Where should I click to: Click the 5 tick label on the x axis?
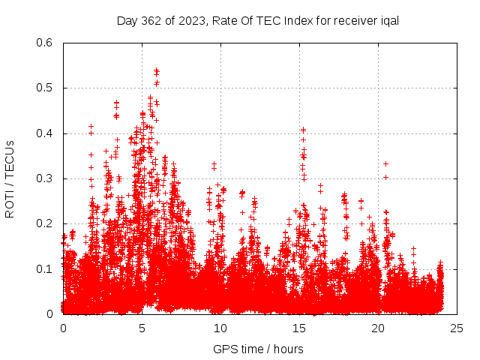coord(142,328)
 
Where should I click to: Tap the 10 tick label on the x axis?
coord(220,328)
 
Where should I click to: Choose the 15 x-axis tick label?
coord(299,328)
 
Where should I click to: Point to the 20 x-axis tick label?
coord(378,328)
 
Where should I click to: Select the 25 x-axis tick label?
coord(457,328)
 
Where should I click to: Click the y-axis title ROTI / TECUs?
coord(10,178)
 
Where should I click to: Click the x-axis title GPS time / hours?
coord(258,349)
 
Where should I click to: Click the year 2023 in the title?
coord(192,20)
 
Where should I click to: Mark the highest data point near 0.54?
coord(156,70)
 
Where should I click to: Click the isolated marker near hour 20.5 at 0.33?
coord(385,163)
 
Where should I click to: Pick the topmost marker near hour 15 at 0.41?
coord(303,130)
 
